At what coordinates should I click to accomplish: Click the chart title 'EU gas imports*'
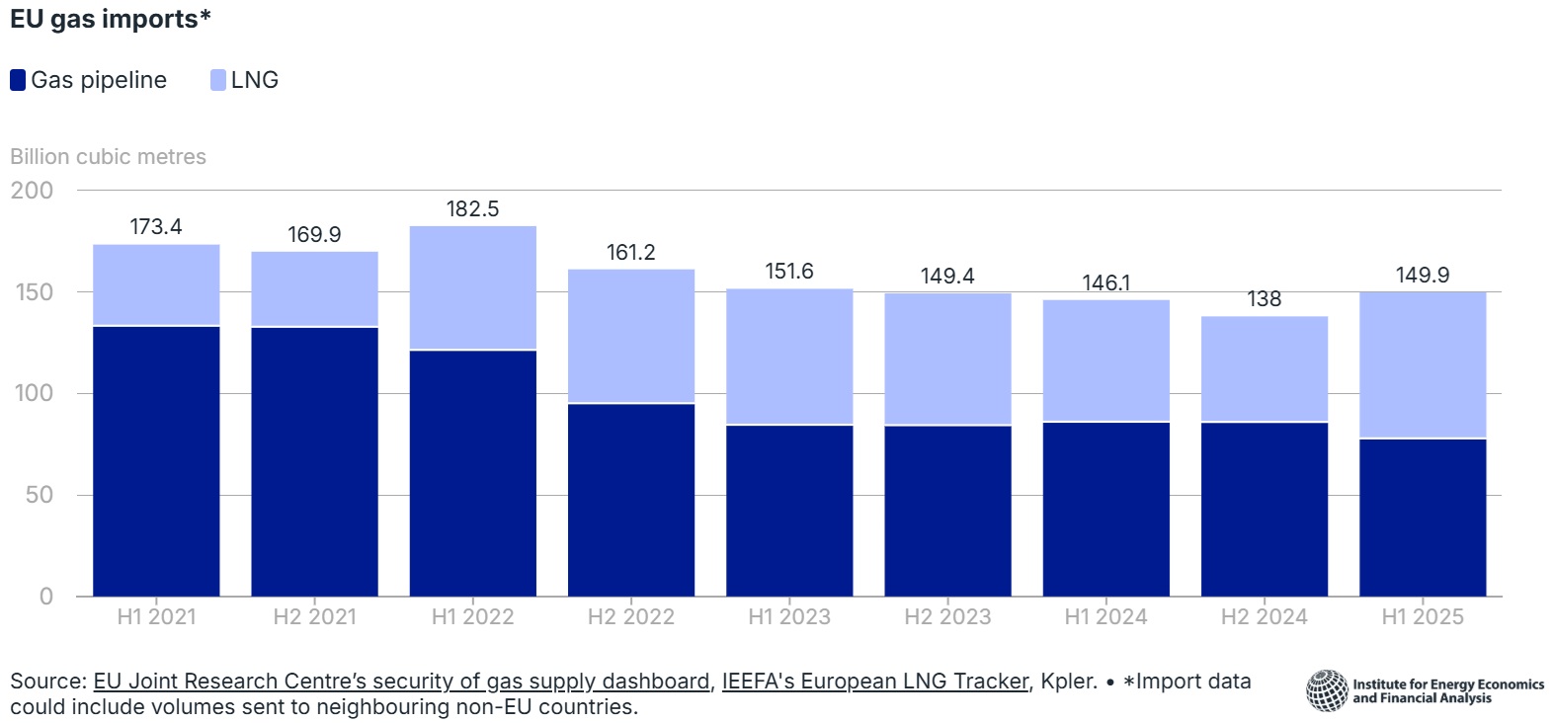click(x=110, y=20)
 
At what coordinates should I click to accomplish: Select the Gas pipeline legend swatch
click(x=18, y=80)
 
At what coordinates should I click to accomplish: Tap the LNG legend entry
click(x=245, y=80)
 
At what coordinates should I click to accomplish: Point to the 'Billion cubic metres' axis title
click(x=108, y=157)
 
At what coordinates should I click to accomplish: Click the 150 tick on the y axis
click(x=34, y=292)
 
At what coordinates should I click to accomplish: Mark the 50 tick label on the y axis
click(x=39, y=495)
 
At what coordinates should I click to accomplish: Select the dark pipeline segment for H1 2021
click(x=156, y=460)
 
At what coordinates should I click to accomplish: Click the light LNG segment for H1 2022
click(x=472, y=287)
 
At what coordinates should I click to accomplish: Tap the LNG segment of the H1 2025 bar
click(x=1422, y=364)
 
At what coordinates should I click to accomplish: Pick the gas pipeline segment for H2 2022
click(x=630, y=499)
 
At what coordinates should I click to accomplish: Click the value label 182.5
click(x=472, y=209)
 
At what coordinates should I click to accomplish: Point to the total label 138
click(x=1264, y=299)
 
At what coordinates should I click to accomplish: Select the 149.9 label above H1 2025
click(x=1422, y=276)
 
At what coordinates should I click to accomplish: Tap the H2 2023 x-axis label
click(x=946, y=617)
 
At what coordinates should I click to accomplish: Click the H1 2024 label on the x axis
click(x=1105, y=617)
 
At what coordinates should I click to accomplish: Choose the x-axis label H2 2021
click(x=314, y=617)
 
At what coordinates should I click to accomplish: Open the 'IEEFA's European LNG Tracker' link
click(x=875, y=682)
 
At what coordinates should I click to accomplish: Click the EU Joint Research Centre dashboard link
click(x=401, y=682)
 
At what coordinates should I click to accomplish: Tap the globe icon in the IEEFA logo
click(x=1327, y=690)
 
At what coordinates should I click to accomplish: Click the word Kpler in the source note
click(x=1068, y=682)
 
